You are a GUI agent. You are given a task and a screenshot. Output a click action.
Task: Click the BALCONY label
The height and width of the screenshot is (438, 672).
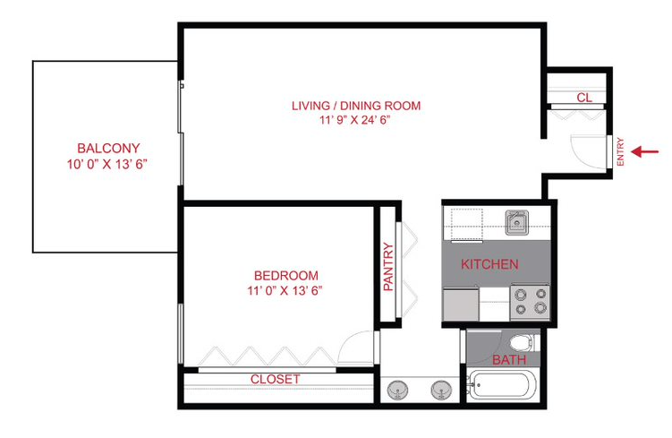tap(108, 148)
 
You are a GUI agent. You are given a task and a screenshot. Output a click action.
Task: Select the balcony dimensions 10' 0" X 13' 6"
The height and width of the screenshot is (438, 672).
tap(106, 165)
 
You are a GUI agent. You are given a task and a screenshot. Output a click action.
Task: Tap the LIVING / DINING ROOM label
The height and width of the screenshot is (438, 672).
tap(355, 106)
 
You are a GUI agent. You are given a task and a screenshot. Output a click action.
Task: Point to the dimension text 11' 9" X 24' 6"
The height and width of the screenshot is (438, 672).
tap(355, 120)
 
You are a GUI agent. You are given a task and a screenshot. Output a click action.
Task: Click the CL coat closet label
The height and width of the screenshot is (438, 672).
tap(583, 98)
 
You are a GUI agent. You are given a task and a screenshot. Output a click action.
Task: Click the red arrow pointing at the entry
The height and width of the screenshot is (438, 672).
tap(644, 151)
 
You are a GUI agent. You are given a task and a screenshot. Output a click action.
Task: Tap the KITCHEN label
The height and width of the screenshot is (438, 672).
tap(489, 264)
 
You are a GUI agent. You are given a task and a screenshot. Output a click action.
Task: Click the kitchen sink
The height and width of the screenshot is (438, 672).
tap(516, 221)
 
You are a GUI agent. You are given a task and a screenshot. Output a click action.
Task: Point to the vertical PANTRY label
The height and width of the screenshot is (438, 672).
tap(388, 267)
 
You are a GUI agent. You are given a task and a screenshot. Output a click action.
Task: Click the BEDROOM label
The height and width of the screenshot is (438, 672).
tap(285, 275)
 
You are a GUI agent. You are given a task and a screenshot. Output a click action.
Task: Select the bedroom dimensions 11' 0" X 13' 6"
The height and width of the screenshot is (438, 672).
tap(284, 290)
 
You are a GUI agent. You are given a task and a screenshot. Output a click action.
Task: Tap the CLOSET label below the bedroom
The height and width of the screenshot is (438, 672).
tap(275, 379)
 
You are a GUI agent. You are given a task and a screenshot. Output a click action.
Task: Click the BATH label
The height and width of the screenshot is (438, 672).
tap(509, 360)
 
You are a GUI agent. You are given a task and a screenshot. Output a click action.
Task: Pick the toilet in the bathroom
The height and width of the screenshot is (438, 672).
tap(521, 342)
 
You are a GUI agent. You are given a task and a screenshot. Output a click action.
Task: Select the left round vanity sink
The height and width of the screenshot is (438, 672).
tap(396, 390)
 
